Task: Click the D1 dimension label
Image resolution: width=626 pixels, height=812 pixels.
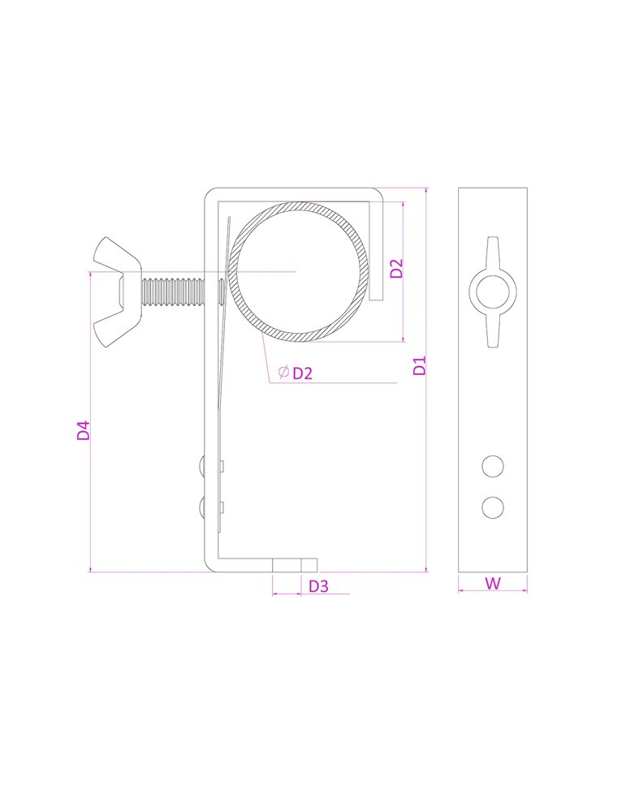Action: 420,365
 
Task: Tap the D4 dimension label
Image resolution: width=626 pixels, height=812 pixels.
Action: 84,430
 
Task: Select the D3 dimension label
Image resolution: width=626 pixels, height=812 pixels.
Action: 318,586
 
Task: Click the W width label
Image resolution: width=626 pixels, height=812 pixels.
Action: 493,584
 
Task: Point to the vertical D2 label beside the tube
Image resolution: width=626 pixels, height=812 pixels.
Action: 396,268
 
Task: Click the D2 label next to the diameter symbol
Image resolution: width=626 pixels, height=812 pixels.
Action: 303,374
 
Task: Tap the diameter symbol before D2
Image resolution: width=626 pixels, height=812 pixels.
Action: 283,372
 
